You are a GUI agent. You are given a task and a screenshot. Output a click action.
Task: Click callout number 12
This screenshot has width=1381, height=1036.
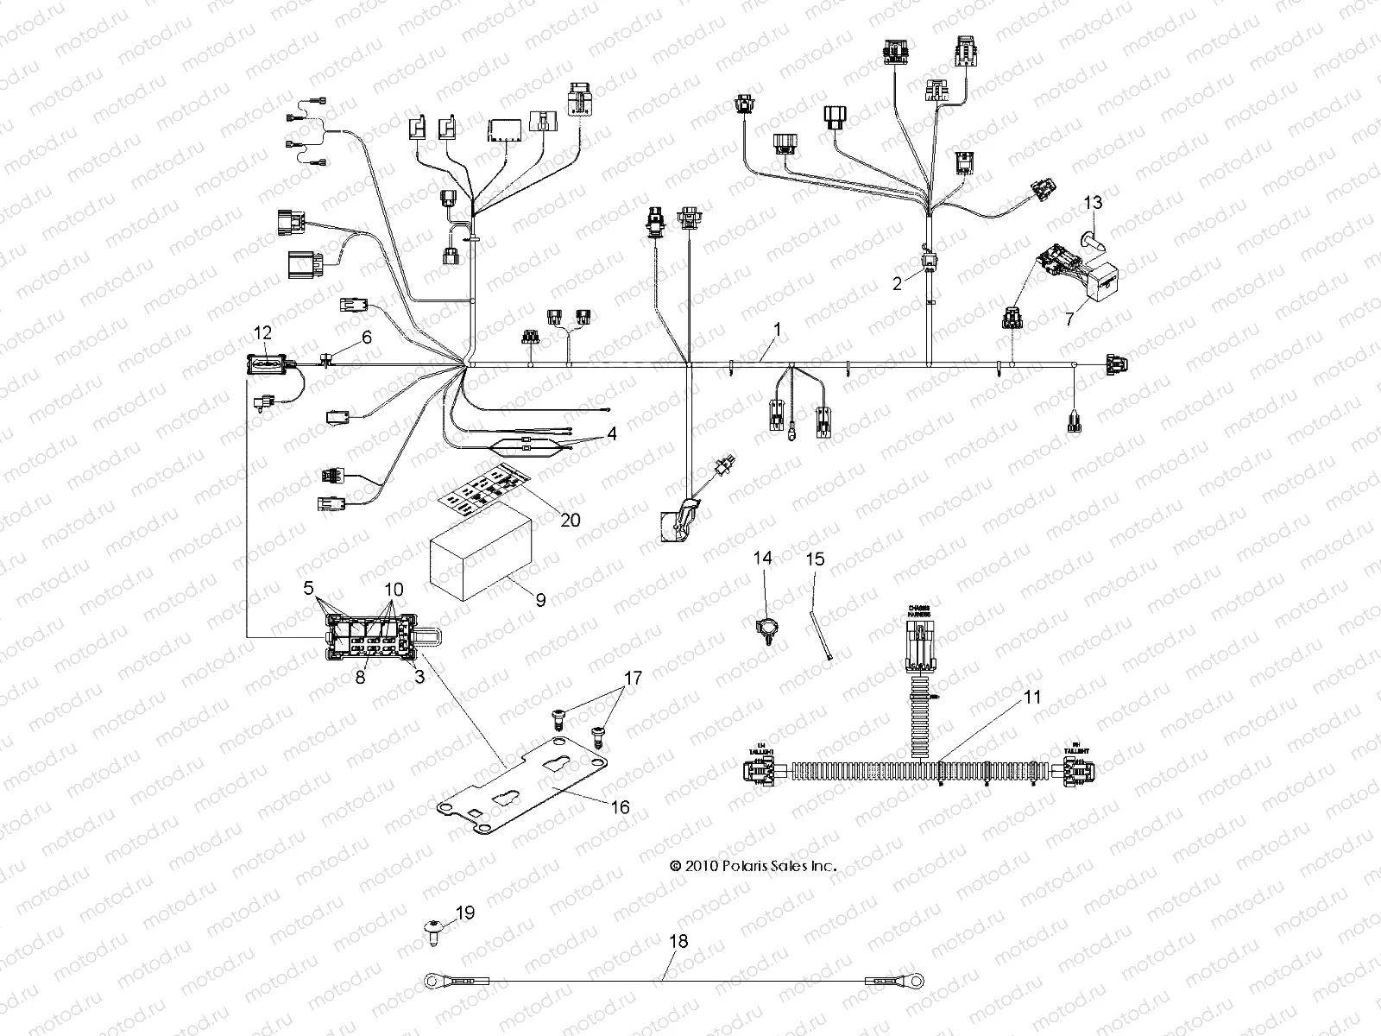coord(262,332)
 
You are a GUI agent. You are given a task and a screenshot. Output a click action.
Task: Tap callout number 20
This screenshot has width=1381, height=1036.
coord(571,520)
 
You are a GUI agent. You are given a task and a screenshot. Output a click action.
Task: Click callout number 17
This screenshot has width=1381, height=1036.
coord(634,679)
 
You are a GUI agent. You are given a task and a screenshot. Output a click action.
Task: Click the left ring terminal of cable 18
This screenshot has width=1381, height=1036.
coord(432,980)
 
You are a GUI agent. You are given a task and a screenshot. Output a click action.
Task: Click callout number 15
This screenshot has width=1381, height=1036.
coord(816,559)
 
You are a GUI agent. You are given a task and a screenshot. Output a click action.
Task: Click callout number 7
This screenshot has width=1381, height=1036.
coord(1069,319)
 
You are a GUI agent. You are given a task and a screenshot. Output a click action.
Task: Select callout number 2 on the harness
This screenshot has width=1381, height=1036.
coord(897,283)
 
